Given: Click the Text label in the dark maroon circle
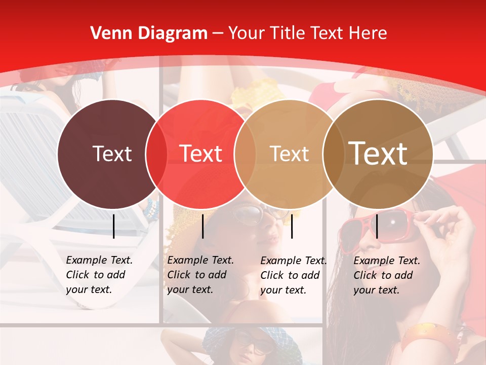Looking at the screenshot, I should (112, 154).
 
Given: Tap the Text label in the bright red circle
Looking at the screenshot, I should (200, 154).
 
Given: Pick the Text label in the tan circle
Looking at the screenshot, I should (289, 154).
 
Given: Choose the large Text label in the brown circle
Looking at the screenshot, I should (378, 154).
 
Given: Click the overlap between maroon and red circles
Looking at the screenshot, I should (156, 154).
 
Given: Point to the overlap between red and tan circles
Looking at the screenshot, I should (245, 154).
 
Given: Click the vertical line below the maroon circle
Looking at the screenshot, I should (113, 226).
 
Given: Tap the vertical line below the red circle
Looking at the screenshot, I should (202, 226).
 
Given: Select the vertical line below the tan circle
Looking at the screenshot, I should (292, 226).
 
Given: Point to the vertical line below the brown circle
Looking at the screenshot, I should (377, 226).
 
